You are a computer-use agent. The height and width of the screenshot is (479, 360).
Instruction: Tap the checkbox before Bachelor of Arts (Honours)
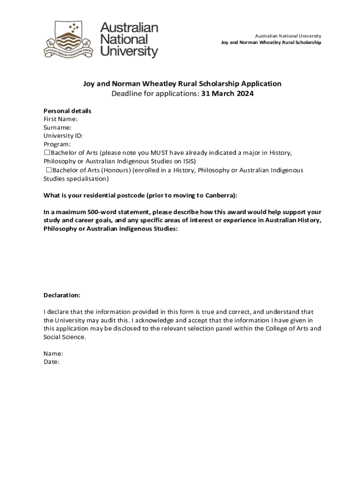click(x=48, y=170)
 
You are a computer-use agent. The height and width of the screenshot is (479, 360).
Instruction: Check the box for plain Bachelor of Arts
click(x=47, y=152)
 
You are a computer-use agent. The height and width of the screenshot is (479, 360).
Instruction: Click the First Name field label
click(x=60, y=119)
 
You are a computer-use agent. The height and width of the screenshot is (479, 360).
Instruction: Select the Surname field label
click(x=58, y=128)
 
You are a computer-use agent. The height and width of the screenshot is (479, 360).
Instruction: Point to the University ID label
click(x=63, y=136)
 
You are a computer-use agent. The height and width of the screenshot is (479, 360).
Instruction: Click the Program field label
click(x=57, y=145)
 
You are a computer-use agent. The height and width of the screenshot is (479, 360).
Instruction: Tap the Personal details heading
click(x=67, y=111)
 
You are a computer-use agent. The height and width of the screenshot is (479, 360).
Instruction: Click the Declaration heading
click(x=62, y=295)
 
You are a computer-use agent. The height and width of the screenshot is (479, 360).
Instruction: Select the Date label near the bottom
click(x=51, y=362)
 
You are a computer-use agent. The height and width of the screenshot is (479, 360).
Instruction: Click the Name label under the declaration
click(x=53, y=353)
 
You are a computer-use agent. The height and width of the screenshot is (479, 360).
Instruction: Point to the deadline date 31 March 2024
click(x=228, y=94)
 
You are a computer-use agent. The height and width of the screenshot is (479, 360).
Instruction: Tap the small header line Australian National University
click(x=288, y=36)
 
